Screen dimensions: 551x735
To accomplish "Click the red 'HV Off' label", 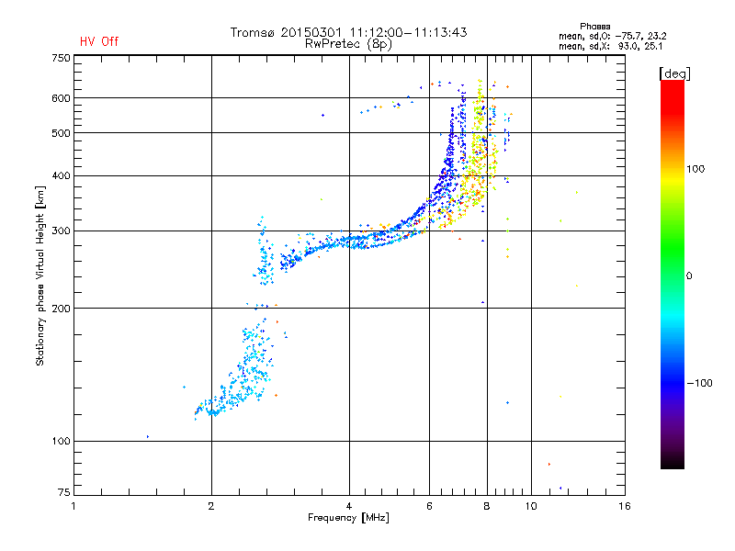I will [99, 41].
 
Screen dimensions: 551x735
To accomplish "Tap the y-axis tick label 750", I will [61, 58].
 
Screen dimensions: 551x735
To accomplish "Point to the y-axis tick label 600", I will [61, 98].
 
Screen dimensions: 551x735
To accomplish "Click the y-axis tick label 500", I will [61, 133].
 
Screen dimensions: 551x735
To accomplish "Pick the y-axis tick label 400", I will [61, 176].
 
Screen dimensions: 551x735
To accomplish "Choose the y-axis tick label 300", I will [61, 231].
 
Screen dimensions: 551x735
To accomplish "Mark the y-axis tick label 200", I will [61, 309].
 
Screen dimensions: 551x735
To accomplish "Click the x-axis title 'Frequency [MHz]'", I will [348, 519].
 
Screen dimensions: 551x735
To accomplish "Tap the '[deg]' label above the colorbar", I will [675, 73].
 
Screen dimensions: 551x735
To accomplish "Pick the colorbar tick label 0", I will [688, 275].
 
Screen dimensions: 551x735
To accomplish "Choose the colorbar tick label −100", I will [702, 383].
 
